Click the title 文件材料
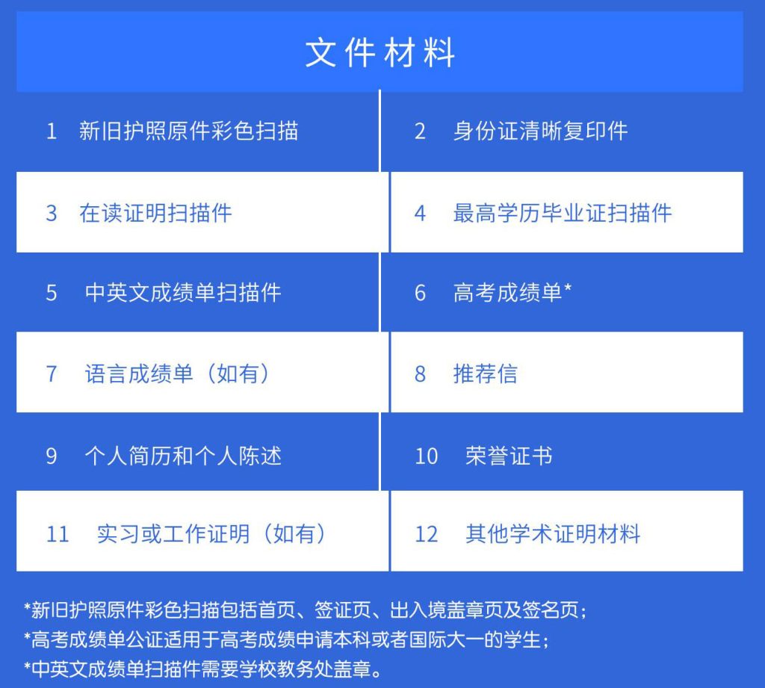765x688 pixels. tap(380, 53)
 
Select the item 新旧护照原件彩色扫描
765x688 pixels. tap(189, 131)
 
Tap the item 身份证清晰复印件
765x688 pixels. tap(541, 131)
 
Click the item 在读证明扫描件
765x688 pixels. tap(155, 213)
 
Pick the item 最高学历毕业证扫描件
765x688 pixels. tap(563, 213)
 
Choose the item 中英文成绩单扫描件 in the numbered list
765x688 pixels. tap(183, 292)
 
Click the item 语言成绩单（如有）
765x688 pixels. tap(177, 374)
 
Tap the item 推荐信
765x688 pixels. tap(486, 374)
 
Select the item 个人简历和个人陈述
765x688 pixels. tap(183, 456)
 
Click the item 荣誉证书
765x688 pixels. tap(509, 456)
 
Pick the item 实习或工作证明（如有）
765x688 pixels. tap(211, 533)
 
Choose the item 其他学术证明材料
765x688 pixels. tap(552, 533)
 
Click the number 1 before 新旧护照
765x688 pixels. tap(52, 131)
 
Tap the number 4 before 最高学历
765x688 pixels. tap(420, 213)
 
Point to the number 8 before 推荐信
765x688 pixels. tap(420, 374)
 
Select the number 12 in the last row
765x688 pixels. tap(426, 534)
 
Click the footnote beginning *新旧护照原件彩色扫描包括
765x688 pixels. tap(306, 610)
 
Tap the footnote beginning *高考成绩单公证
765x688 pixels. tap(286, 639)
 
